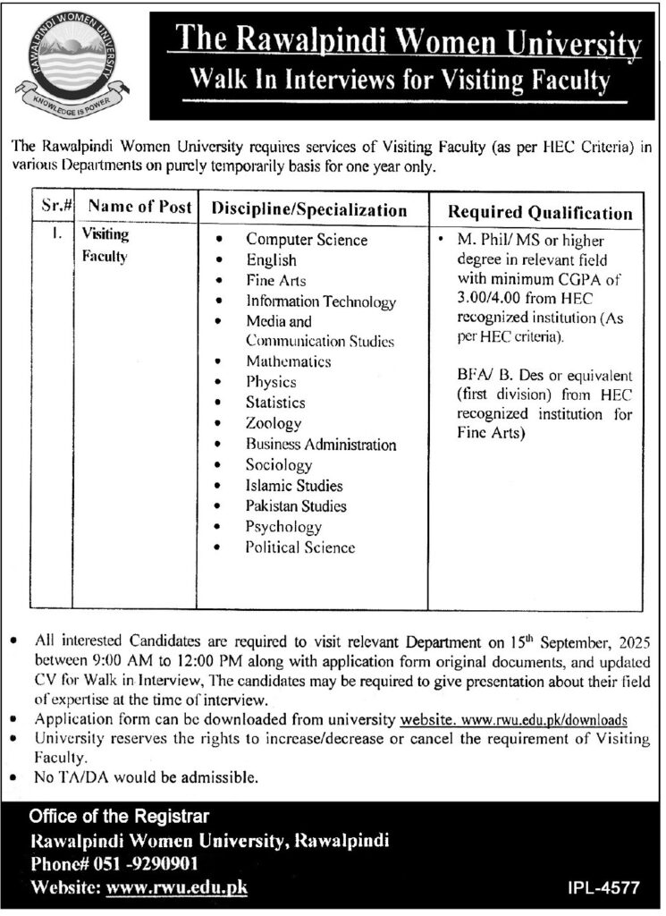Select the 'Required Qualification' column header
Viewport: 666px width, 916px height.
pyautogui.click(x=540, y=213)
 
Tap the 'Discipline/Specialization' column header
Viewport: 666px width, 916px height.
pyautogui.click(x=309, y=210)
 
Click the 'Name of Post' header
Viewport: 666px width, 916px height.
pyautogui.click(x=140, y=207)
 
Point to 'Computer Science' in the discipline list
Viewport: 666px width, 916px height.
pyautogui.click(x=307, y=240)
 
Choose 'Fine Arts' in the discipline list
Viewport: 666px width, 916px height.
pyautogui.click(x=275, y=280)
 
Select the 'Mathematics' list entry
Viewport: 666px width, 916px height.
pyautogui.click(x=288, y=361)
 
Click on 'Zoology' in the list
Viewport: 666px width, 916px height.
pyautogui.click(x=274, y=423)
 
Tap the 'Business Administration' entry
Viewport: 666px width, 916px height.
pyautogui.click(x=321, y=445)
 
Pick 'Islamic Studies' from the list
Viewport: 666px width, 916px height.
pyautogui.click(x=294, y=486)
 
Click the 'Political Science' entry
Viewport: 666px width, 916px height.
pyautogui.click(x=299, y=547)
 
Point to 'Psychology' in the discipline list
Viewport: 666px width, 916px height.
pyautogui.click(x=283, y=527)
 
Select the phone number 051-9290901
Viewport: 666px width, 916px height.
pyautogui.click(x=142, y=864)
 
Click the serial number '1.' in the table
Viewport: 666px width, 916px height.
pyautogui.click(x=55, y=237)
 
